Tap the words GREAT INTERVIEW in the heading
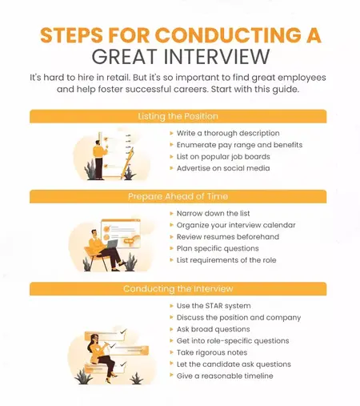[179, 57]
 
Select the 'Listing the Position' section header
[179, 116]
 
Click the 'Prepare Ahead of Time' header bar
[179, 196]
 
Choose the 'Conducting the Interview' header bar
[179, 289]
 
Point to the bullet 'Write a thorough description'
[228, 132]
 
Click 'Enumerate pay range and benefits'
[239, 144]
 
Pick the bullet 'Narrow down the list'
[214, 213]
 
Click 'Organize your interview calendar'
[236, 225]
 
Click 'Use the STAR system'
[214, 306]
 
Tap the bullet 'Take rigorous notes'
[214, 352]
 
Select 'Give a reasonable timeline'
[225, 376]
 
